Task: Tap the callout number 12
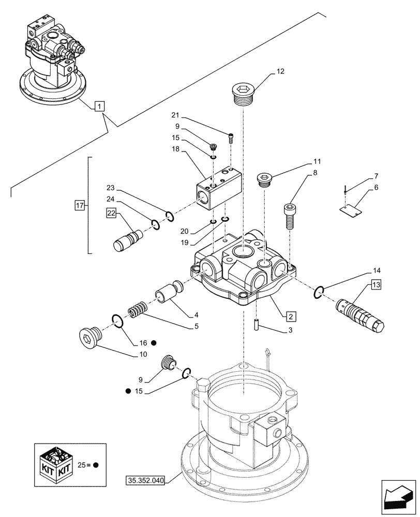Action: pyautogui.click(x=280, y=71)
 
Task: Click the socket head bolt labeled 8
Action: pyautogui.click(x=288, y=214)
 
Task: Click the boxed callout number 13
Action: pyautogui.click(x=376, y=285)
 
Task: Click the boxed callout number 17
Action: pyautogui.click(x=79, y=206)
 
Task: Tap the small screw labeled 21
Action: pyautogui.click(x=231, y=138)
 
